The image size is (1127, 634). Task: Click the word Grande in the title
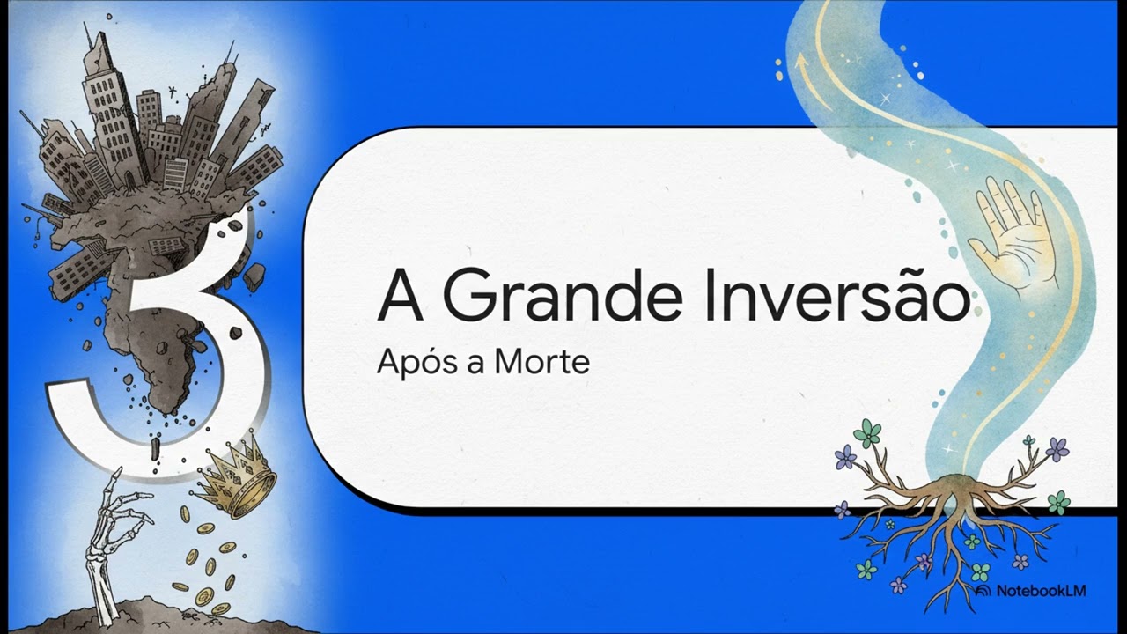point(562,297)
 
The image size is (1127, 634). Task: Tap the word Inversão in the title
point(836,295)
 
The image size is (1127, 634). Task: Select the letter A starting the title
point(400,297)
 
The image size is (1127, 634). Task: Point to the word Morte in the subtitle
point(542,362)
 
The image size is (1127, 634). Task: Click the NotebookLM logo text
point(1041,591)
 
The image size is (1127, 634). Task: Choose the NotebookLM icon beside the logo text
point(983,591)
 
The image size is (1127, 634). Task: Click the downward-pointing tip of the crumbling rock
point(167,411)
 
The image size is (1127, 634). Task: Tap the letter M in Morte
point(509,362)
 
